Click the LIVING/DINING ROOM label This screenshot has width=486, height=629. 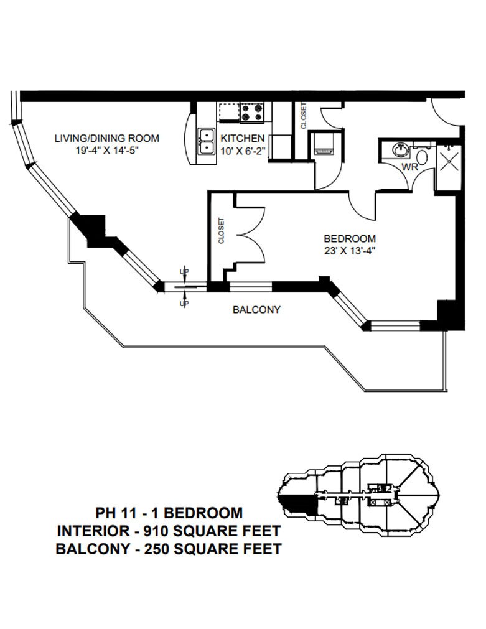coord(107,138)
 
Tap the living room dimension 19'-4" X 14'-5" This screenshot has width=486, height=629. coord(107,151)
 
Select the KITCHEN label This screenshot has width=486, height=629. coord(243,138)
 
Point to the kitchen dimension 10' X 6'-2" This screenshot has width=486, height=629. coord(243,151)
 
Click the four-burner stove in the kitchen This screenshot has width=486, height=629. coord(251,112)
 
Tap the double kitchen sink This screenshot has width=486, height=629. coord(207,142)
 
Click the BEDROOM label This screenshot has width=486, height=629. coord(350,239)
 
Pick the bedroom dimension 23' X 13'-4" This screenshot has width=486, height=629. coord(350,251)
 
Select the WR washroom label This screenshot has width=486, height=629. coord(409,167)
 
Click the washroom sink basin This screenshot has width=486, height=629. coord(400,150)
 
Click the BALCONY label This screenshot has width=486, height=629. coord(256,310)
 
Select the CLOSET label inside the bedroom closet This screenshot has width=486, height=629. coord(221,231)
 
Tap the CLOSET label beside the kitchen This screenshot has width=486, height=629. coord(304,116)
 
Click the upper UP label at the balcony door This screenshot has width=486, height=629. coord(184,272)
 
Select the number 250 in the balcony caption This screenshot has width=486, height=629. coord(157,549)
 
